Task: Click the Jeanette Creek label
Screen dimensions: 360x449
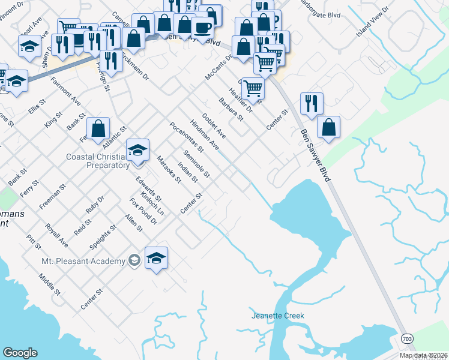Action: (x=277, y=316)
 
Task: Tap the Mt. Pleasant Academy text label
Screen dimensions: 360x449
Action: (x=83, y=261)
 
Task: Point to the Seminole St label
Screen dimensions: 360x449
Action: (x=197, y=164)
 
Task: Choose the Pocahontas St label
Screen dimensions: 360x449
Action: (x=187, y=137)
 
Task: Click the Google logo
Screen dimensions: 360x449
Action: (x=20, y=353)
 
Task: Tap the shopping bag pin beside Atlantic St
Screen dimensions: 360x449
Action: (x=98, y=128)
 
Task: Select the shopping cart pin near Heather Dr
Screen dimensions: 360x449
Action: (x=253, y=88)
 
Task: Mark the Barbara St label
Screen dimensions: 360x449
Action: (x=231, y=109)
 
